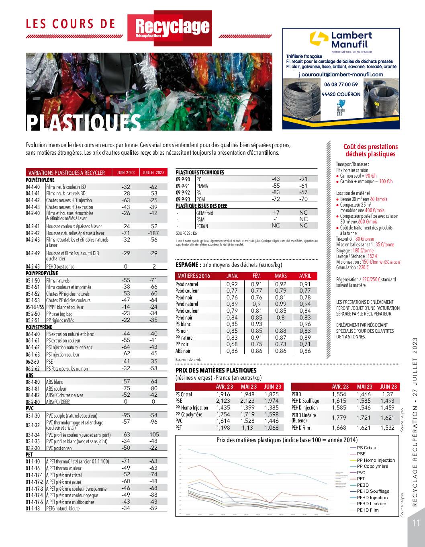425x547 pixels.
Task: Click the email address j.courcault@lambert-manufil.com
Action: (x=341, y=74)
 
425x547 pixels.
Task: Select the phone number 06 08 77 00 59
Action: (x=341, y=84)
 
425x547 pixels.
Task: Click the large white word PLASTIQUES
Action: (x=84, y=123)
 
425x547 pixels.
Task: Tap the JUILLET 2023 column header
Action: (x=153, y=172)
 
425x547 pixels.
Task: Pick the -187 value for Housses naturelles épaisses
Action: (x=153, y=233)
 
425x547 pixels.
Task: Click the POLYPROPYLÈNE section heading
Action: (x=42, y=273)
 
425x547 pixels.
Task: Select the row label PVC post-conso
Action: (x=59, y=448)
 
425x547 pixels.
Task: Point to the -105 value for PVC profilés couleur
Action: (x=153, y=434)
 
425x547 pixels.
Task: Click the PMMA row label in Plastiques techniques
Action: (x=202, y=186)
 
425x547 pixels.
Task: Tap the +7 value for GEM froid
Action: (x=276, y=213)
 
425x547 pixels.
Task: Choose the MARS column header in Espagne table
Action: (x=281, y=276)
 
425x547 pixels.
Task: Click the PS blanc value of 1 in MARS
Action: (x=281, y=324)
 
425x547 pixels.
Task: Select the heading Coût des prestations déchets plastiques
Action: (x=365, y=150)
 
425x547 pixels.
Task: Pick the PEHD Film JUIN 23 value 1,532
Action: (x=388, y=428)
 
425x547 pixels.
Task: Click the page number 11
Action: (x=416, y=523)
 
